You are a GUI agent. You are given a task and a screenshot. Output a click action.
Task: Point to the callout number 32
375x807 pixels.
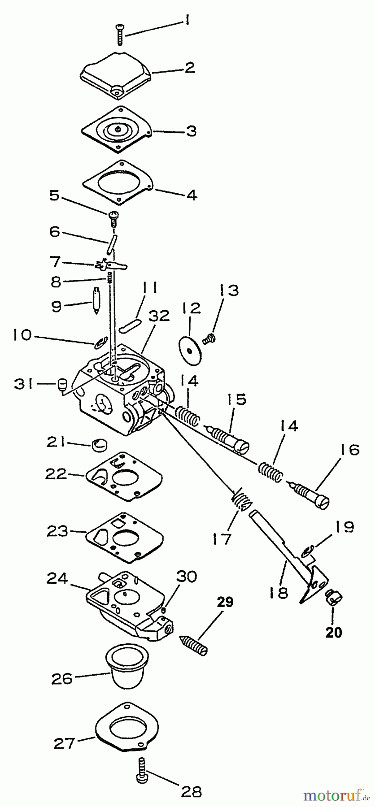[x=160, y=316]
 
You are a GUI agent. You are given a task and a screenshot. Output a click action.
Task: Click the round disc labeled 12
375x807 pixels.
[x=190, y=347]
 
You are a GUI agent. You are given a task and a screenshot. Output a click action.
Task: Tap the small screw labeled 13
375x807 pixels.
[x=208, y=339]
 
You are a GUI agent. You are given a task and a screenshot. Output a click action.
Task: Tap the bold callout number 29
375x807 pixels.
[x=225, y=602]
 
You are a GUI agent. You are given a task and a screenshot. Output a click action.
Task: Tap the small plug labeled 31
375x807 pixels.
[x=62, y=385]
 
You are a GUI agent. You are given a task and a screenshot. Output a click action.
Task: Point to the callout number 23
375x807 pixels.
[x=57, y=531]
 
